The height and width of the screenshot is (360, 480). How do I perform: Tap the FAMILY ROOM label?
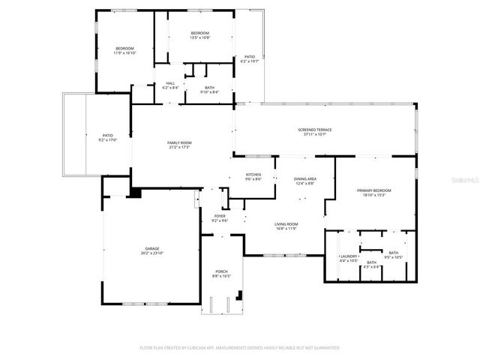click(178, 142)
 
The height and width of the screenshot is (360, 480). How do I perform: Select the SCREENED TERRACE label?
click(314, 130)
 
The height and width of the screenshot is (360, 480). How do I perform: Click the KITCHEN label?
click(253, 175)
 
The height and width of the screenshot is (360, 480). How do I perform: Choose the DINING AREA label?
click(304, 178)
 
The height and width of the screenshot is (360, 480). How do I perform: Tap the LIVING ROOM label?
click(286, 224)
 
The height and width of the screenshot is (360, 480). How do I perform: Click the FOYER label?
click(220, 216)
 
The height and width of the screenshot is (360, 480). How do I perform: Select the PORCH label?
click(221, 271)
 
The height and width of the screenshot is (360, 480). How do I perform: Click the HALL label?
click(169, 83)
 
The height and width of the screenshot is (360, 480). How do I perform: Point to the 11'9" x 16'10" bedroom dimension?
click(124, 53)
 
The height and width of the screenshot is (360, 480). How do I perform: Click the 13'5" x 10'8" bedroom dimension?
click(199, 37)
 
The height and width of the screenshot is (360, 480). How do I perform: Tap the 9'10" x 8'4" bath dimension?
click(209, 92)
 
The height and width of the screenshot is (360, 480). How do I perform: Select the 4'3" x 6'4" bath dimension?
click(371, 266)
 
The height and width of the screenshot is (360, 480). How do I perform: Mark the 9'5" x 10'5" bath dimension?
click(393, 257)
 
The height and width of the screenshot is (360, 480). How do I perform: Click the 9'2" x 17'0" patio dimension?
click(108, 140)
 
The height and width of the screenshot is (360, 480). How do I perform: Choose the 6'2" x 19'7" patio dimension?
click(250, 61)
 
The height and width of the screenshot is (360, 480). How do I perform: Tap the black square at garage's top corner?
click(135, 193)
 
